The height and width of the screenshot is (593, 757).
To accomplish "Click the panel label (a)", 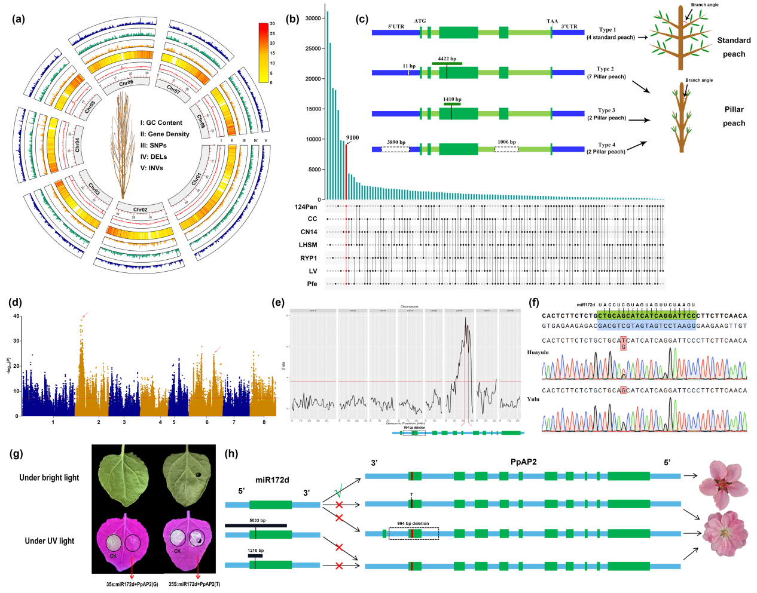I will pyautogui.click(x=19, y=19).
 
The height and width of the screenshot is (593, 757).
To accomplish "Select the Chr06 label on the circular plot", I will pyautogui.click(x=126, y=84).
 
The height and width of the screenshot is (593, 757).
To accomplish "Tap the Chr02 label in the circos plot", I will pyautogui.click(x=140, y=210).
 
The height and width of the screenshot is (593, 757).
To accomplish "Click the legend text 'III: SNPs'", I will pyautogui.click(x=154, y=146).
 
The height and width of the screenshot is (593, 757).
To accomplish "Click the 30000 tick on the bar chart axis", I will pyautogui.click(x=313, y=19).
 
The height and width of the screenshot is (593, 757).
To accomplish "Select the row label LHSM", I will pyautogui.click(x=308, y=245).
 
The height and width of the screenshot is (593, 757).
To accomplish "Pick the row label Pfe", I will pyautogui.click(x=312, y=284).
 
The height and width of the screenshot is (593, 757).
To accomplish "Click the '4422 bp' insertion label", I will pyautogui.click(x=447, y=59).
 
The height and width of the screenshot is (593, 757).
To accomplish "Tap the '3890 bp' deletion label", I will pyautogui.click(x=396, y=142).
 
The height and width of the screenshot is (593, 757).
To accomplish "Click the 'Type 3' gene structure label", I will pyautogui.click(x=606, y=110).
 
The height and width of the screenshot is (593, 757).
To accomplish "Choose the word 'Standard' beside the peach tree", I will pyautogui.click(x=734, y=41).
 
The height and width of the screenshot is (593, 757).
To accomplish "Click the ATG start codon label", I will pyautogui.click(x=420, y=21).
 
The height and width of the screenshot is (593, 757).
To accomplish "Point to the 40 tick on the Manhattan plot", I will pyautogui.click(x=17, y=317).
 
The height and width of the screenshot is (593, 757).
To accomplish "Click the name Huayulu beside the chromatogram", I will pyautogui.click(x=538, y=352).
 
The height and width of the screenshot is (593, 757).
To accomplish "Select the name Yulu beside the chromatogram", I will pyautogui.click(x=533, y=399).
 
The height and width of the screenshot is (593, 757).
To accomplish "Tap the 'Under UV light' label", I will pyautogui.click(x=50, y=541).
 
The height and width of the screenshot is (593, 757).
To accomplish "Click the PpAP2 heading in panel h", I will pyautogui.click(x=523, y=462).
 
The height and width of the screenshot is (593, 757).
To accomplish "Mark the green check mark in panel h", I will pyautogui.click(x=338, y=493).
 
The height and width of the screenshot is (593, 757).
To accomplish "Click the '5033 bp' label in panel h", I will pyautogui.click(x=257, y=521).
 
